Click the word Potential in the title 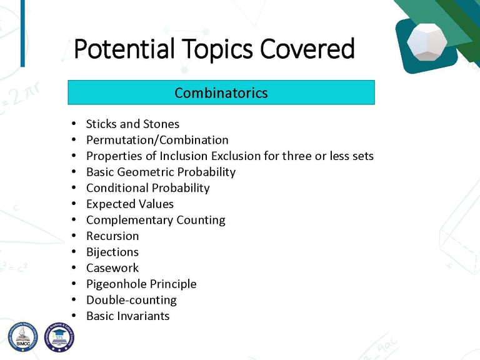coord(124,49)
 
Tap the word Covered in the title coord(307,49)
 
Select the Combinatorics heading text coord(221,92)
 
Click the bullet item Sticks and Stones coord(132,124)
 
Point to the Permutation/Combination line coord(157,140)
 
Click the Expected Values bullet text coord(130,204)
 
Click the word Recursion coord(112,236)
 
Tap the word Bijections coord(112,252)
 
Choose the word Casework coord(112,268)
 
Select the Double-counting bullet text coord(131,300)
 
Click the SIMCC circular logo coord(22,336)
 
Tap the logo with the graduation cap coord(59,337)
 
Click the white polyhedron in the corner coord(427,41)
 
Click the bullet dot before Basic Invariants coord(74,316)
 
